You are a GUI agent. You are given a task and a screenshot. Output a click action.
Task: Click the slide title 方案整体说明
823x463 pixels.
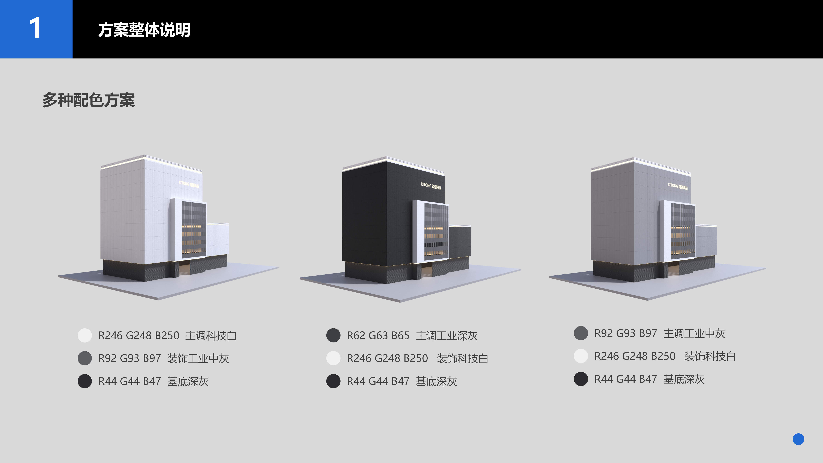pos(144,30)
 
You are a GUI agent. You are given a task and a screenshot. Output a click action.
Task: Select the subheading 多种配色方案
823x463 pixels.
pos(88,100)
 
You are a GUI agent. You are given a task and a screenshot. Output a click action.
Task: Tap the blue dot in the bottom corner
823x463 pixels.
pos(798,439)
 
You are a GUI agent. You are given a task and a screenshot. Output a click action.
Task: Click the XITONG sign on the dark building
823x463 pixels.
pos(431,186)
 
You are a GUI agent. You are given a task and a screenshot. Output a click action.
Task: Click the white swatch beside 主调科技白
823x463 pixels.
pos(85,336)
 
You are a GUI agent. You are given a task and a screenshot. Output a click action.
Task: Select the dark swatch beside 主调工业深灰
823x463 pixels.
pos(333,336)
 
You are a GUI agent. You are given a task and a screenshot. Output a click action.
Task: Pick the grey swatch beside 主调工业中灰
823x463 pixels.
pos(581,333)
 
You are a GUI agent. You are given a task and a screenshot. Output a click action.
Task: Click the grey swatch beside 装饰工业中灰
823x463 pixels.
pos(85,358)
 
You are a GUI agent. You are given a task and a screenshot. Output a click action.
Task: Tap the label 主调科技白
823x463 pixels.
pos(211,336)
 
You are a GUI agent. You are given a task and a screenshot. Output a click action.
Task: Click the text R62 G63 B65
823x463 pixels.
pos(378,336)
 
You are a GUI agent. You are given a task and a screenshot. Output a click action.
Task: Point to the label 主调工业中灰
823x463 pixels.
pos(694,333)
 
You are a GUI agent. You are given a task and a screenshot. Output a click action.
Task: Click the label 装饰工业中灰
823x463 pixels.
pos(198,358)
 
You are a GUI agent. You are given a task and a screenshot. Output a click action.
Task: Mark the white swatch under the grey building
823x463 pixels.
pos(581,356)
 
